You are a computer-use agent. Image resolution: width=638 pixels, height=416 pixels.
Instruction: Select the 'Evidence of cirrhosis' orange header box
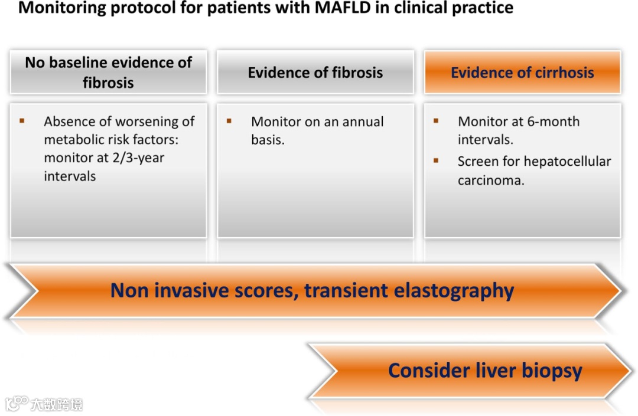click(x=522, y=73)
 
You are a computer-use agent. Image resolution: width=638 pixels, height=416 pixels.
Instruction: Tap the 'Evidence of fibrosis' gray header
click(x=315, y=73)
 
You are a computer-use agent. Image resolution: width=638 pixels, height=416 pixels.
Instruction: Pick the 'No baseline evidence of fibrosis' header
click(x=108, y=72)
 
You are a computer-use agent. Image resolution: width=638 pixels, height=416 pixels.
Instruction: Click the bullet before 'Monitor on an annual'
click(x=229, y=121)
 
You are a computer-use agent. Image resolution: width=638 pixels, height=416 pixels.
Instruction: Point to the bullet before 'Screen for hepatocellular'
click(x=436, y=160)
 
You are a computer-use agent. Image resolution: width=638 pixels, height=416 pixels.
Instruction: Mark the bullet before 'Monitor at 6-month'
click(x=436, y=121)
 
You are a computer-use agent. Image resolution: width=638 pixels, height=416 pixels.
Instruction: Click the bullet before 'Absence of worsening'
click(x=22, y=121)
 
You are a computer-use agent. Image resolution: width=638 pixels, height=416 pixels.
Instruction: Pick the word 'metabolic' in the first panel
click(x=73, y=140)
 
